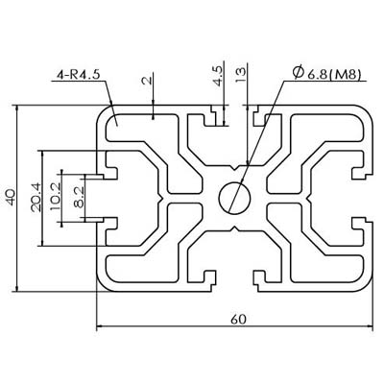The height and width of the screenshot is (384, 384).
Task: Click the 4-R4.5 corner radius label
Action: coord(79,74)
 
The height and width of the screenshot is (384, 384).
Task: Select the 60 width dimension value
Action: coord(239,319)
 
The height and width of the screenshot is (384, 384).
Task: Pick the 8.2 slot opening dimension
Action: coord(79,198)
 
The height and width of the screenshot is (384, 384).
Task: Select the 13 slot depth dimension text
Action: coord(241,75)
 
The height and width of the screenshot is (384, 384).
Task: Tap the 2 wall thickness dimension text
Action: coord(146,80)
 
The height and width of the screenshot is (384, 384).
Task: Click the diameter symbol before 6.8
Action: coord(299,73)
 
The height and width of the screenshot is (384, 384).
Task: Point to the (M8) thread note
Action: coord(345,75)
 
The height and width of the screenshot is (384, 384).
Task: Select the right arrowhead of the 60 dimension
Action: coord(371,326)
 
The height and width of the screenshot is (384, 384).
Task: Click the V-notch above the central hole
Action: coord(235,168)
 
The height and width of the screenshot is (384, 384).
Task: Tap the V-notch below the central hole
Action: coord(235,228)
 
